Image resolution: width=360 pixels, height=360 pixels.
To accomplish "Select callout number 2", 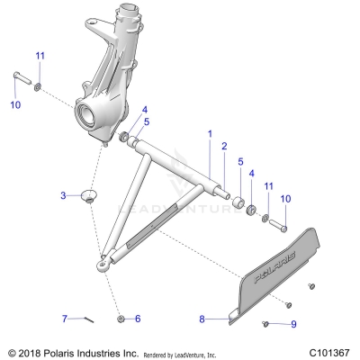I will (224, 145).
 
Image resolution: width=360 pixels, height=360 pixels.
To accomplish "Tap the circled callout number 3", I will (63, 195).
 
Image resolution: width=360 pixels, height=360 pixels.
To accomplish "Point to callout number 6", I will (137, 319).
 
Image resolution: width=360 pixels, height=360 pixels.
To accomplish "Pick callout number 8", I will (202, 319).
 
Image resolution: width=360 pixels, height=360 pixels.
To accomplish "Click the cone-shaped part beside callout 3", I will (90, 195).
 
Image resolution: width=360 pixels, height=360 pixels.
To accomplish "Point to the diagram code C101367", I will (328, 352).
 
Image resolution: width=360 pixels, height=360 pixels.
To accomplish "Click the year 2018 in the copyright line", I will (30, 352).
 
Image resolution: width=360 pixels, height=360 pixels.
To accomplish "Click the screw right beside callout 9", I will (267, 322).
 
